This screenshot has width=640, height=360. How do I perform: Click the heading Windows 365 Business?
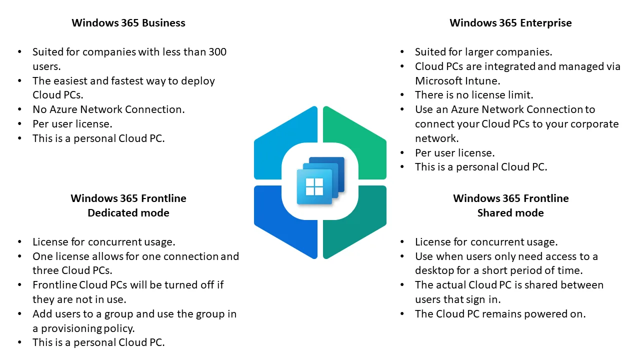coord(128,23)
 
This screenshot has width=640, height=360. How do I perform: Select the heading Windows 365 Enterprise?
coord(510,23)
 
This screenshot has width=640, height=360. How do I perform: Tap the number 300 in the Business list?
coord(215,52)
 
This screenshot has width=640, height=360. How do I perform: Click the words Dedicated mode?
coord(128,213)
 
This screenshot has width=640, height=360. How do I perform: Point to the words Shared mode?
coord(510,213)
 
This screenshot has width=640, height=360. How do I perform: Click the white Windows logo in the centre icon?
coord(314,187)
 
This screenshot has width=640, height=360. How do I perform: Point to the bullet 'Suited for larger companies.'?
coord(483,52)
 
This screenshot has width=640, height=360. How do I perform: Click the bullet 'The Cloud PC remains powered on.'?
coord(500,314)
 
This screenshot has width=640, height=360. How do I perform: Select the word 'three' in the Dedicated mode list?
coord(45,271)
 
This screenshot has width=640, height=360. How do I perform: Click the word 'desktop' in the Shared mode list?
coord(434,271)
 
